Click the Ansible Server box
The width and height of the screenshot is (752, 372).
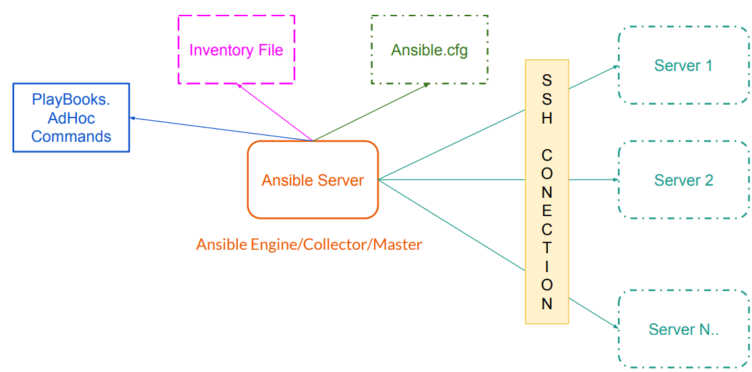[313, 180]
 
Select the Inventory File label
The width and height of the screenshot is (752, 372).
[236, 50]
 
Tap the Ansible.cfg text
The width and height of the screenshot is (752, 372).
[429, 50]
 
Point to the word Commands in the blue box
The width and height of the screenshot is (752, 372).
[71, 136]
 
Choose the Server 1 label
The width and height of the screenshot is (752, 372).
[683, 65]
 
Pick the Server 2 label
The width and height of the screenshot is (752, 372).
[683, 180]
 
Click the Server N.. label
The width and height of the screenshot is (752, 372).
[683, 329]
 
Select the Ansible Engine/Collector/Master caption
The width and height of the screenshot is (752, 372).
[309, 244]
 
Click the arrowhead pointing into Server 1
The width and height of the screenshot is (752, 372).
[615, 67]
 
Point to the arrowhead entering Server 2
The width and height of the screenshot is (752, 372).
[615, 180]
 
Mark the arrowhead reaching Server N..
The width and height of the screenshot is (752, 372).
[615, 326]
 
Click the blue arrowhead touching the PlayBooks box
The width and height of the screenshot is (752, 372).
[133, 118]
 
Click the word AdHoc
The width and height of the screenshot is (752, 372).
[71, 118]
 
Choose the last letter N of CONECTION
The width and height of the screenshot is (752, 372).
[546, 303]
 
